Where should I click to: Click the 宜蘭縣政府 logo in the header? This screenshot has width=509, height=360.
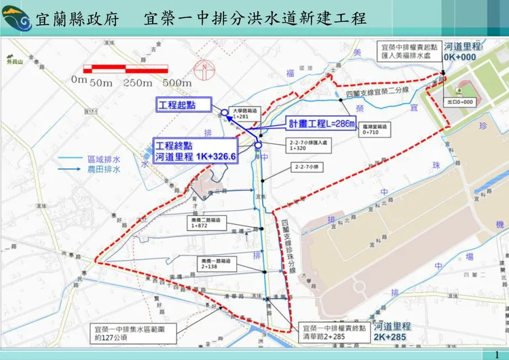[x=17, y=19]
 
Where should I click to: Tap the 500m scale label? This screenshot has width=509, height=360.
[x=178, y=82]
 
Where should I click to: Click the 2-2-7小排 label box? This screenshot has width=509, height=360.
[x=303, y=166]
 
